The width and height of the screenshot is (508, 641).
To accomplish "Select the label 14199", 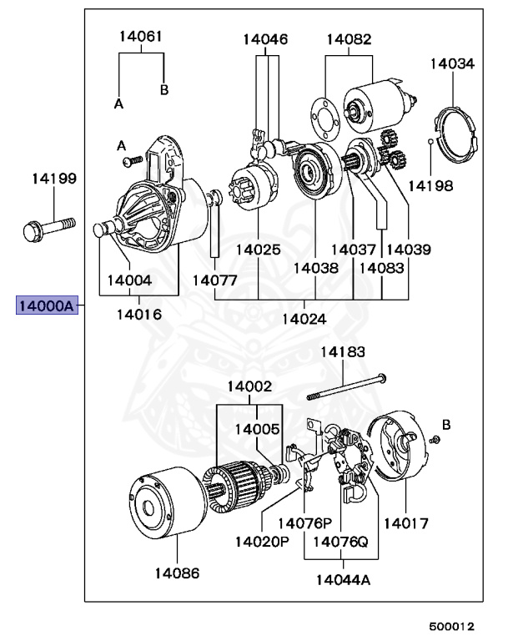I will click(54, 178).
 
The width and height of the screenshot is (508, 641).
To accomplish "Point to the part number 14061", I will click(140, 37).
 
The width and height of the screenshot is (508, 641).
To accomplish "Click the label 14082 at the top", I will click(349, 39).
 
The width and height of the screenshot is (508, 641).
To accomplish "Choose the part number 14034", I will click(452, 63).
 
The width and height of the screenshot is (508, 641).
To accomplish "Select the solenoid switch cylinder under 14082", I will click(372, 101).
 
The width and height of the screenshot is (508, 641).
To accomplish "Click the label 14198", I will click(431, 185).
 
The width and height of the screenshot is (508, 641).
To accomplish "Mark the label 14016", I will click(139, 315).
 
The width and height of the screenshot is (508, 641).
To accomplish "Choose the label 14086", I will click(176, 573).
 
